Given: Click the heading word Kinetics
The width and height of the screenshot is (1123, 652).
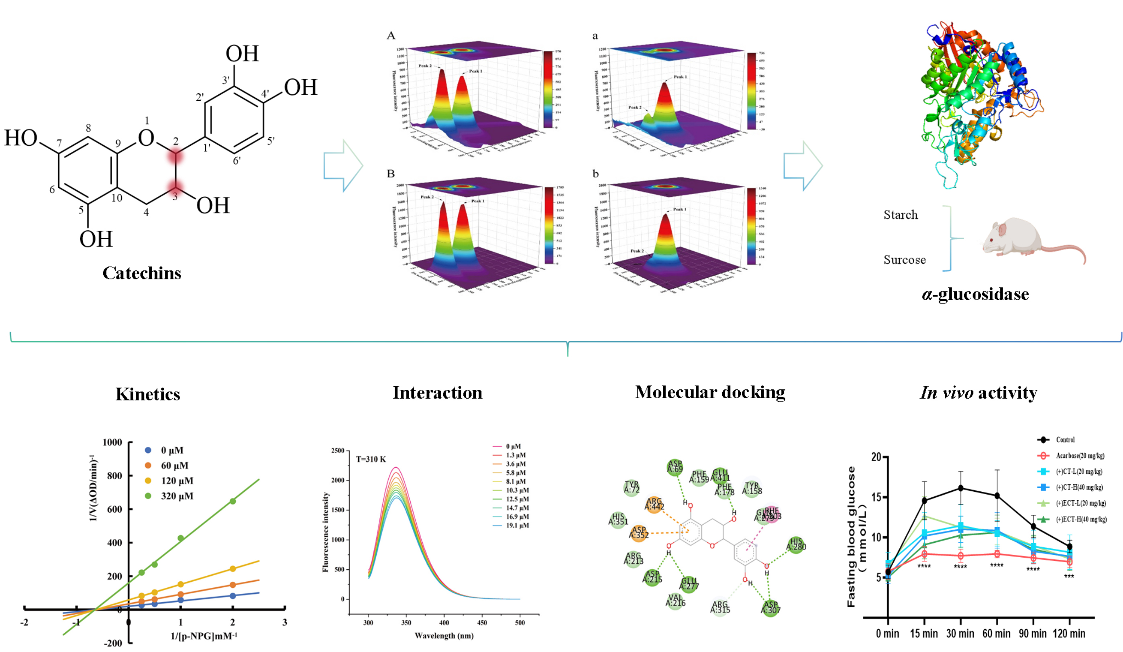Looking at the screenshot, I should (x=147, y=394).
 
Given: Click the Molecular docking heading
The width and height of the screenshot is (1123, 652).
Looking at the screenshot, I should (x=710, y=393).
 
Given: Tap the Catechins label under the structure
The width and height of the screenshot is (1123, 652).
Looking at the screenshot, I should (x=142, y=273).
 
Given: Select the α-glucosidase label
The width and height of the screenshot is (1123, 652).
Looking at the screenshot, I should (x=975, y=295).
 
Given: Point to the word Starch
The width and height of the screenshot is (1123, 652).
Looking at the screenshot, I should (x=901, y=215).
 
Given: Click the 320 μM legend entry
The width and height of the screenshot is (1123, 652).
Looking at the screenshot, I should (x=177, y=496).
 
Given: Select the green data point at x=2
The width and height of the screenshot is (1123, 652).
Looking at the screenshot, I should (x=232, y=501).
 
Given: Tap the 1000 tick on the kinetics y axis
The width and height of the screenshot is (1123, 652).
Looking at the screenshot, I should (x=112, y=442).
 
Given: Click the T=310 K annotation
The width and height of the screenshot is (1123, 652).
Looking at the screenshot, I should (x=371, y=459).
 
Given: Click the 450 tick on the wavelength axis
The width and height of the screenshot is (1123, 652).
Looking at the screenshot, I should (x=482, y=623).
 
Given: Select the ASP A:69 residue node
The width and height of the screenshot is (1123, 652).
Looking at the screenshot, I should (x=675, y=467).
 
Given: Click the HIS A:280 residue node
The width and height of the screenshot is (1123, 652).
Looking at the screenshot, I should (x=796, y=544).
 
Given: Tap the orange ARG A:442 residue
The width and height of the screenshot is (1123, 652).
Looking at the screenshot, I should (x=654, y=505).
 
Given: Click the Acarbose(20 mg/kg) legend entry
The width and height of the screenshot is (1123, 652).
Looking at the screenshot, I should (x=1079, y=455).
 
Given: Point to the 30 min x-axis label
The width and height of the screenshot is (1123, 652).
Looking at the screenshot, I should (x=960, y=633).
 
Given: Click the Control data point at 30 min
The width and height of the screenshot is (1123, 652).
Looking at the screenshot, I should (x=961, y=489).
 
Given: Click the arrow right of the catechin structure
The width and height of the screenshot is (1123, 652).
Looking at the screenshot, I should (x=343, y=165).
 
